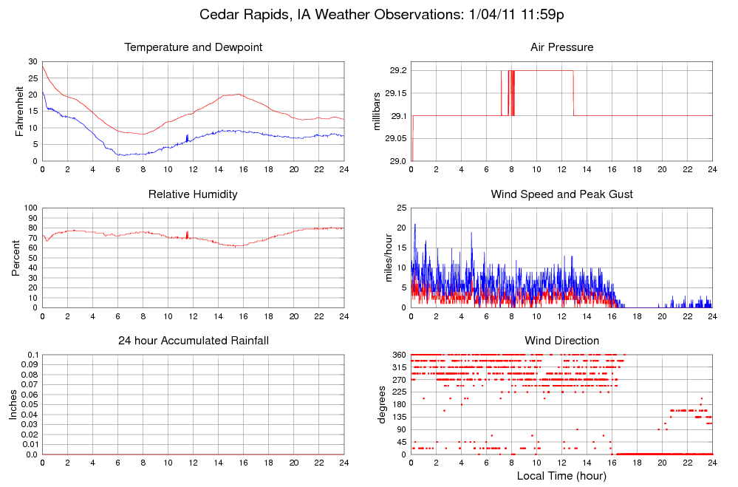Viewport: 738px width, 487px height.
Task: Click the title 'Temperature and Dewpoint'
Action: pyautogui.click(x=194, y=47)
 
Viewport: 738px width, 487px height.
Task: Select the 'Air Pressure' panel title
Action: pyautogui.click(x=561, y=47)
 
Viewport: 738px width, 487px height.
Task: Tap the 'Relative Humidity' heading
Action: pyautogui.click(x=194, y=194)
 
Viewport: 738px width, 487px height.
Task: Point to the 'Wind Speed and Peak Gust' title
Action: pyautogui.click(x=561, y=194)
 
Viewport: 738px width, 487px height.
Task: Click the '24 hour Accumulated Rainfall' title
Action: pyautogui.click(x=194, y=341)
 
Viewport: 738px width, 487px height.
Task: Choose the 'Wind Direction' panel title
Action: pyautogui.click(x=561, y=341)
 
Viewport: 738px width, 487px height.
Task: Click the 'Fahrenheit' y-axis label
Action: pyautogui.click(x=20, y=112)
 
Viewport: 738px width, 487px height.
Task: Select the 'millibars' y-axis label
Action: pyautogui.click(x=377, y=112)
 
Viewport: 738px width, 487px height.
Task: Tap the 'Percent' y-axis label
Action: pyautogui.click(x=16, y=258)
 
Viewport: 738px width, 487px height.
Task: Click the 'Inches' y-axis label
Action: pyautogui.click(x=12, y=404)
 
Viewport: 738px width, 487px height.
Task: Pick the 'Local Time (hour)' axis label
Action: pyautogui.click(x=561, y=475)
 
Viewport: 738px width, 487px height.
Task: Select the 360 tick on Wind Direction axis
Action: pyautogui.click(x=397, y=355)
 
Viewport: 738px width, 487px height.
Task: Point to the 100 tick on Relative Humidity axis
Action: pyautogui.click(x=30, y=208)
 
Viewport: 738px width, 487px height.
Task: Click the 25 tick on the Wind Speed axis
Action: pyautogui.click(x=400, y=208)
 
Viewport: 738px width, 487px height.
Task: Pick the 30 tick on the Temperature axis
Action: pyautogui.click(x=33, y=61)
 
